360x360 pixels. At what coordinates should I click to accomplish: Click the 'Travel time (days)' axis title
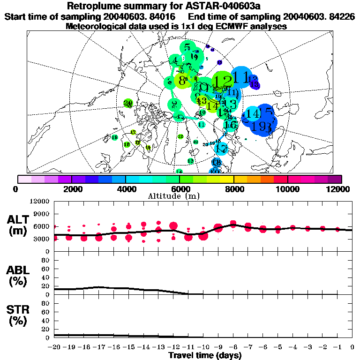pyautogui.click(x=205, y=355)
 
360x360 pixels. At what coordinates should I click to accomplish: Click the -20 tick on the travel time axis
pyautogui.click(x=55, y=347)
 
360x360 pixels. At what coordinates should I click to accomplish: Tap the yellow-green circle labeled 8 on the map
pyautogui.click(x=182, y=81)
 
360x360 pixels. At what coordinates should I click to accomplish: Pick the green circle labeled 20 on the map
pyautogui.click(x=127, y=103)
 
